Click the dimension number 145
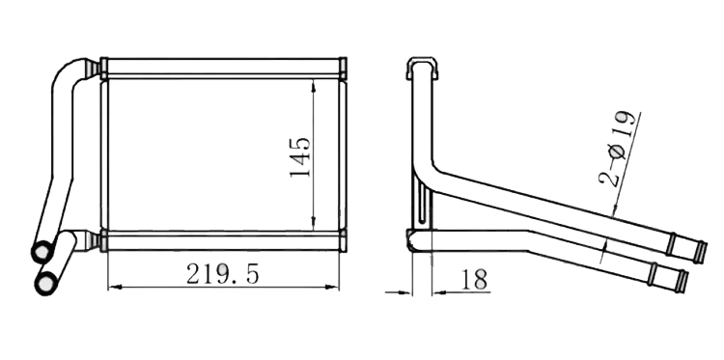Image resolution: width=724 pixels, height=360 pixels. coord(300,157)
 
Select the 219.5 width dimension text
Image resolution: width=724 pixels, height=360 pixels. coord(223,274)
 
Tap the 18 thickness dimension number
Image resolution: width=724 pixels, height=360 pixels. coord(474,279)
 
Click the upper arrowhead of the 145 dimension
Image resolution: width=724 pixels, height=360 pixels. coord(314,85)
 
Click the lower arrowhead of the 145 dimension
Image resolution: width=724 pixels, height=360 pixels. coord(314,223)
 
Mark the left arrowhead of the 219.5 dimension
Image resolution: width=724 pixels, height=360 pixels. coord(114,287)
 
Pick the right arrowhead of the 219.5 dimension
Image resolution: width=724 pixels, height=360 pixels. coord(333,287)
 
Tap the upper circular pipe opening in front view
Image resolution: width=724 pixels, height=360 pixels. coord(42,252)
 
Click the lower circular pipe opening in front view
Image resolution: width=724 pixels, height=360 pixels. coord(46,283)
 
